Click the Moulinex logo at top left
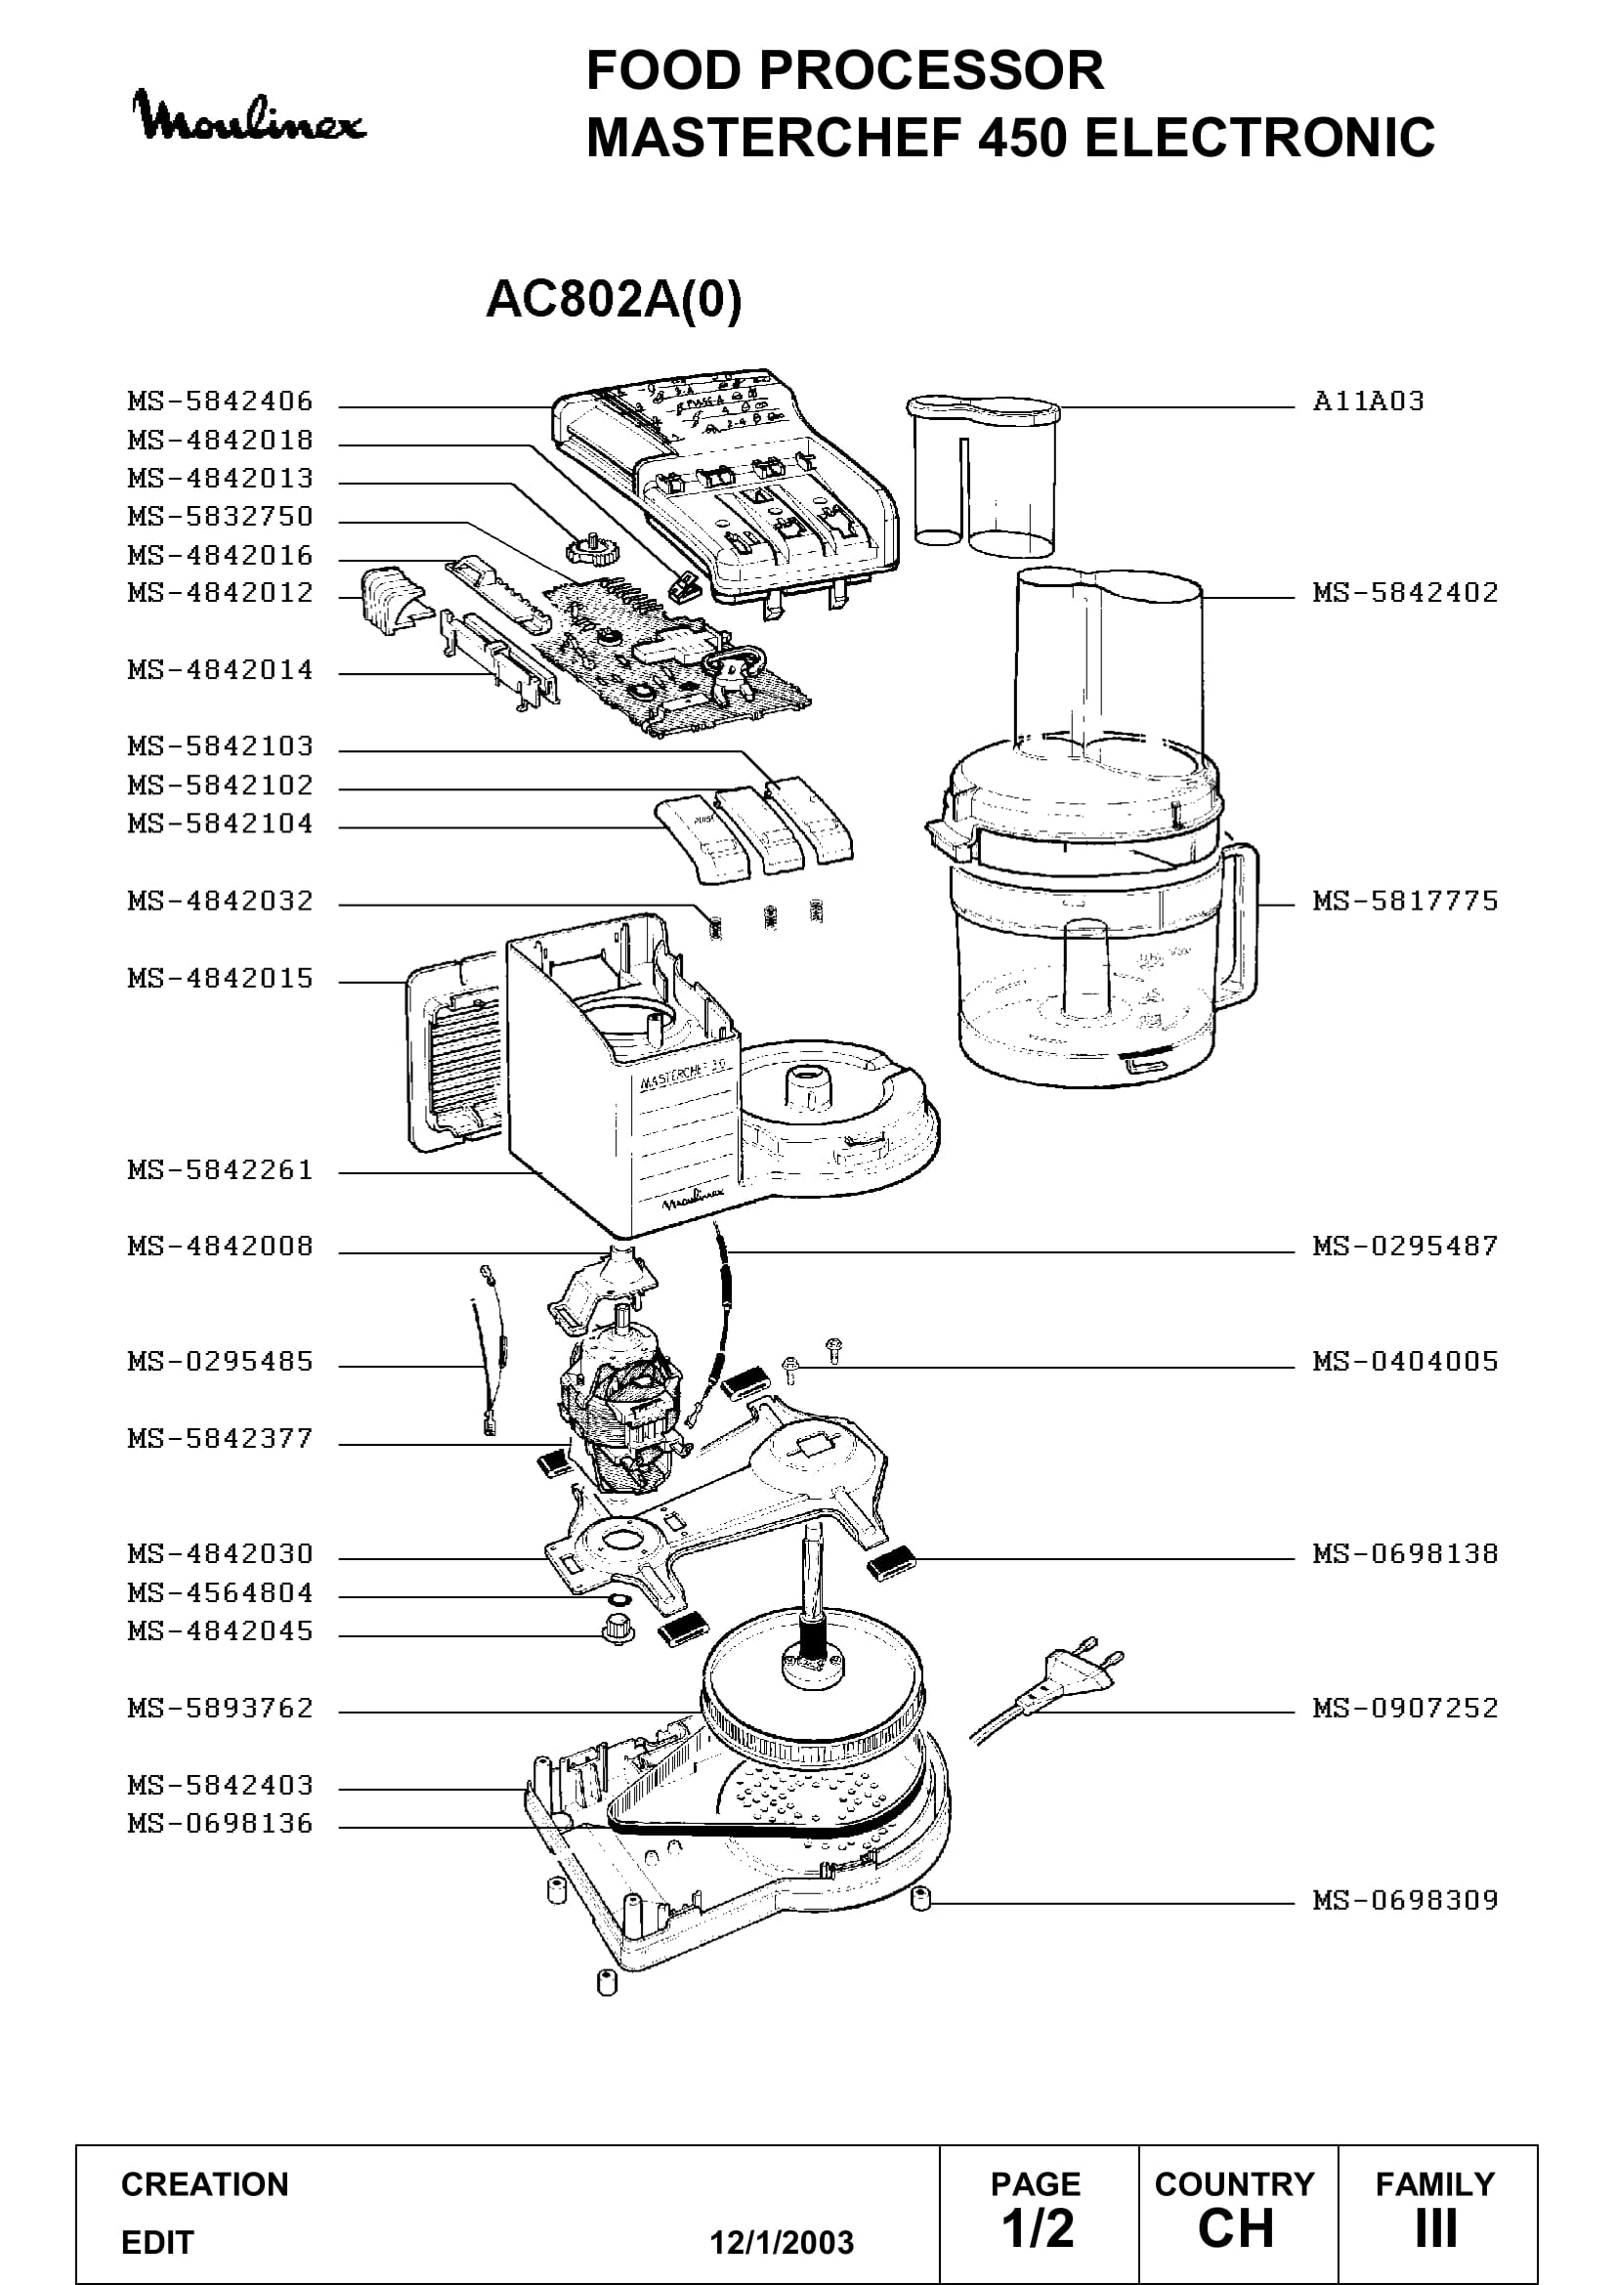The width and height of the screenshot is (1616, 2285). (x=250, y=117)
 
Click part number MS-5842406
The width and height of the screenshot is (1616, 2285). (x=220, y=402)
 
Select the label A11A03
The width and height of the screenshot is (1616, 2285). (x=1368, y=402)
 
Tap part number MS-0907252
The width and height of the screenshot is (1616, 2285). (x=1405, y=1708)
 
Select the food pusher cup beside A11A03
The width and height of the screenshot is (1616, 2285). (x=983, y=474)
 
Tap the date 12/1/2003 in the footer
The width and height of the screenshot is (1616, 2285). (x=782, y=2242)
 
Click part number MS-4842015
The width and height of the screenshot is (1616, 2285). (x=220, y=978)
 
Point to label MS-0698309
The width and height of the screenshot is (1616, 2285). (x=1405, y=1900)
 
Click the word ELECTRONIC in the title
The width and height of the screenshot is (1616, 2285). (x=1258, y=138)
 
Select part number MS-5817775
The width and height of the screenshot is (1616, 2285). (x=1405, y=901)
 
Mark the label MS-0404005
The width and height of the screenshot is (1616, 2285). (x=1405, y=1361)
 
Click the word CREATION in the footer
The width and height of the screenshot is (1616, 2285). (x=205, y=2184)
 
